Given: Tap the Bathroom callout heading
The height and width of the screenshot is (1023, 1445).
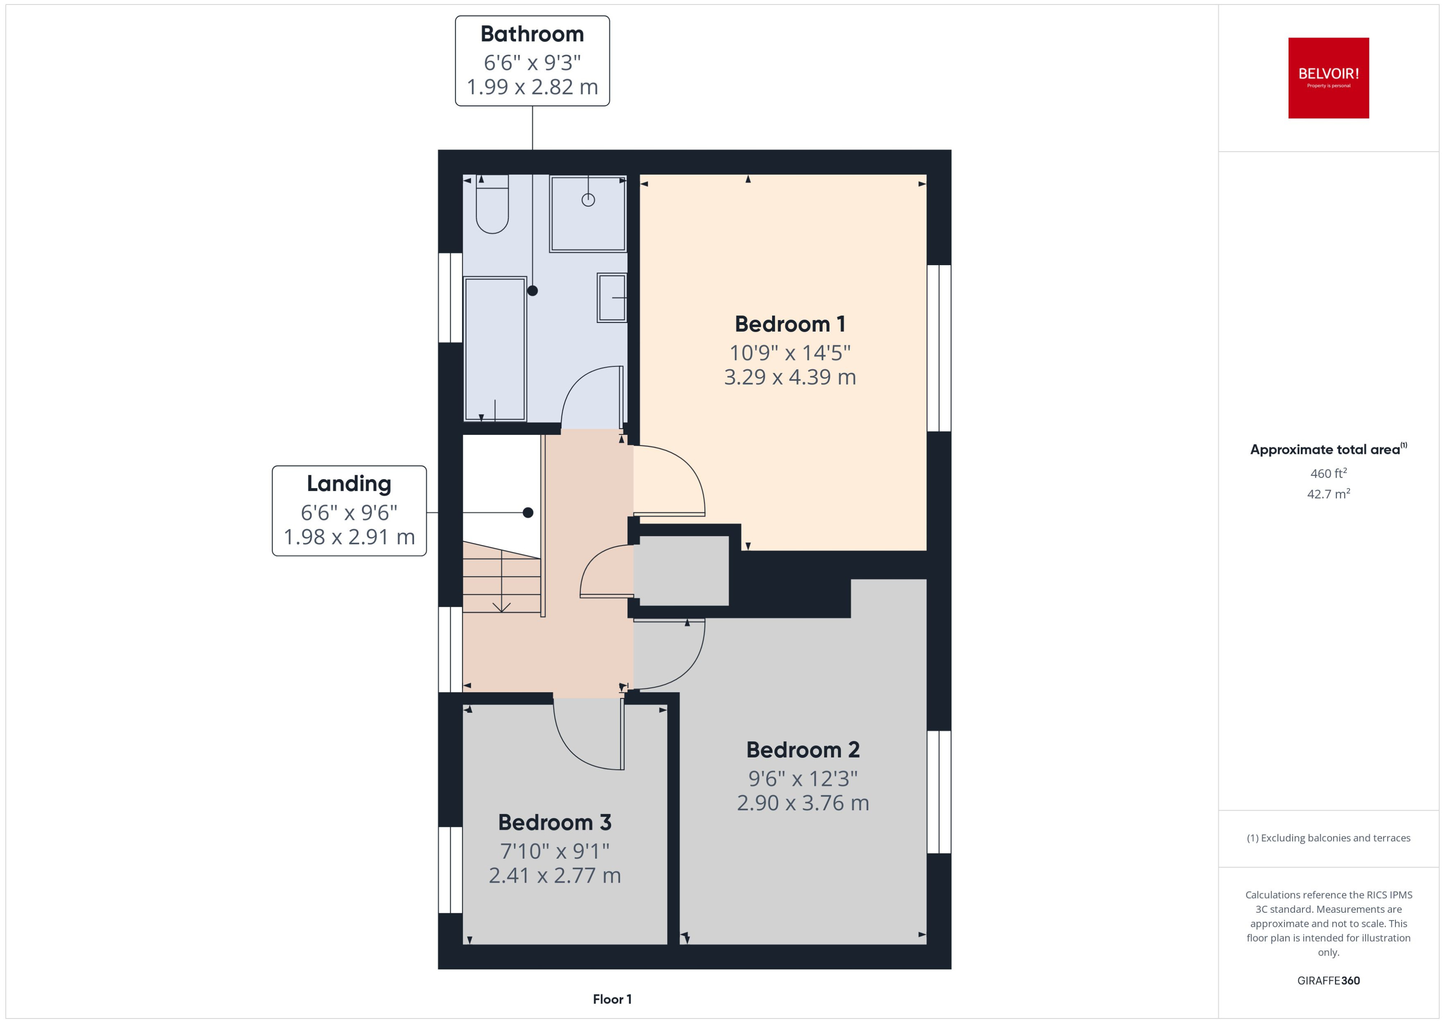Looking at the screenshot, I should tap(532, 34).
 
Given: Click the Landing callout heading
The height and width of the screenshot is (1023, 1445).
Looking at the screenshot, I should tap(349, 484).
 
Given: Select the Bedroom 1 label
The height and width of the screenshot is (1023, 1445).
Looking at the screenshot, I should tap(789, 325).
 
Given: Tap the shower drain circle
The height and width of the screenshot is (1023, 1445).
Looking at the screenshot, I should tap(588, 200).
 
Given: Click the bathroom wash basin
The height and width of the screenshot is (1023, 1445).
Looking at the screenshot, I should tap(612, 298).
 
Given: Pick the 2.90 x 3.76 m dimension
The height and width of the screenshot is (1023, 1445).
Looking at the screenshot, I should tap(803, 803).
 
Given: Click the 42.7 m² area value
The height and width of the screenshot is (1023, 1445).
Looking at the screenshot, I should tap(1328, 494).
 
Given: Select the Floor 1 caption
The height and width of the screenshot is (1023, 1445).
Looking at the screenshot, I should tap(611, 999).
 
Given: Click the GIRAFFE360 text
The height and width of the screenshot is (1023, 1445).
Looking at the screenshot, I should tap(1328, 981).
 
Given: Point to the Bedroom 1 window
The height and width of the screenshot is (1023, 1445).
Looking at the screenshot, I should tap(939, 348).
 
